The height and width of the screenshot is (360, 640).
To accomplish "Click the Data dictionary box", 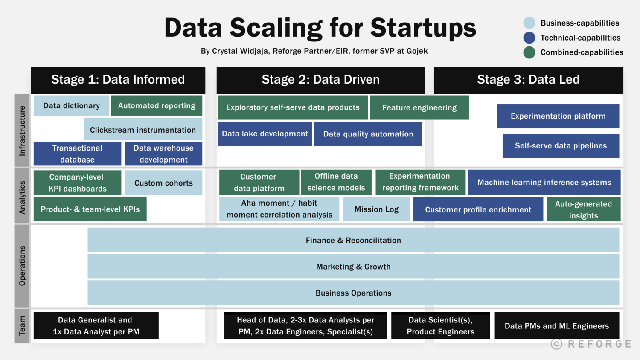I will click(71, 106).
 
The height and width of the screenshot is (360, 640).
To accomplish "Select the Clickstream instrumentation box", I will click(143, 130).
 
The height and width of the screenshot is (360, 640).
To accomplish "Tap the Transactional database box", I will click(77, 154).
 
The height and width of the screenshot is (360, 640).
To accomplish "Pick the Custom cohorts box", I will click(163, 183).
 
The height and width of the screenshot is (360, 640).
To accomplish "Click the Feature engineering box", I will click(419, 107).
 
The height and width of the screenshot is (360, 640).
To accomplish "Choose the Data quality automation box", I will click(368, 134).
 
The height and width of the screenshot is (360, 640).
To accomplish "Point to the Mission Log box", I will click(376, 209).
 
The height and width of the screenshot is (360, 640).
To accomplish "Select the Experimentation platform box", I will click(558, 116).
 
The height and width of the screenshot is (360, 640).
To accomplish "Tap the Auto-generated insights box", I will click(583, 209).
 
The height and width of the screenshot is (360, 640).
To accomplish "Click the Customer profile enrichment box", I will click(478, 209).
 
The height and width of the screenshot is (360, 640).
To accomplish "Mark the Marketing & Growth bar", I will click(353, 267).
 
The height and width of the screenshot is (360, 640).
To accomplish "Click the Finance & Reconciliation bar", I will click(353, 240).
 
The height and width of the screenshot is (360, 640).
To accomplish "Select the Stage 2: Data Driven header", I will click(320, 80).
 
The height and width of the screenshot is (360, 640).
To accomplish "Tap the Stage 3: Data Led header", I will click(528, 80).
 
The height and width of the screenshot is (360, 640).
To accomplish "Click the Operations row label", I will click(22, 265).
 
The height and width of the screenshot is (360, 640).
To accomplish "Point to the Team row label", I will click(22, 325).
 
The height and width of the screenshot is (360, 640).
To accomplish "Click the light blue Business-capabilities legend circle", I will click(529, 23).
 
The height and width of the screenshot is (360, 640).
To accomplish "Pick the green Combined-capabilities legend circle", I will click(529, 52).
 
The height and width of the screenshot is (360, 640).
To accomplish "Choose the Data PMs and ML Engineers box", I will click(556, 326).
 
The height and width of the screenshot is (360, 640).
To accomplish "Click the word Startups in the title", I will click(423, 28).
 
